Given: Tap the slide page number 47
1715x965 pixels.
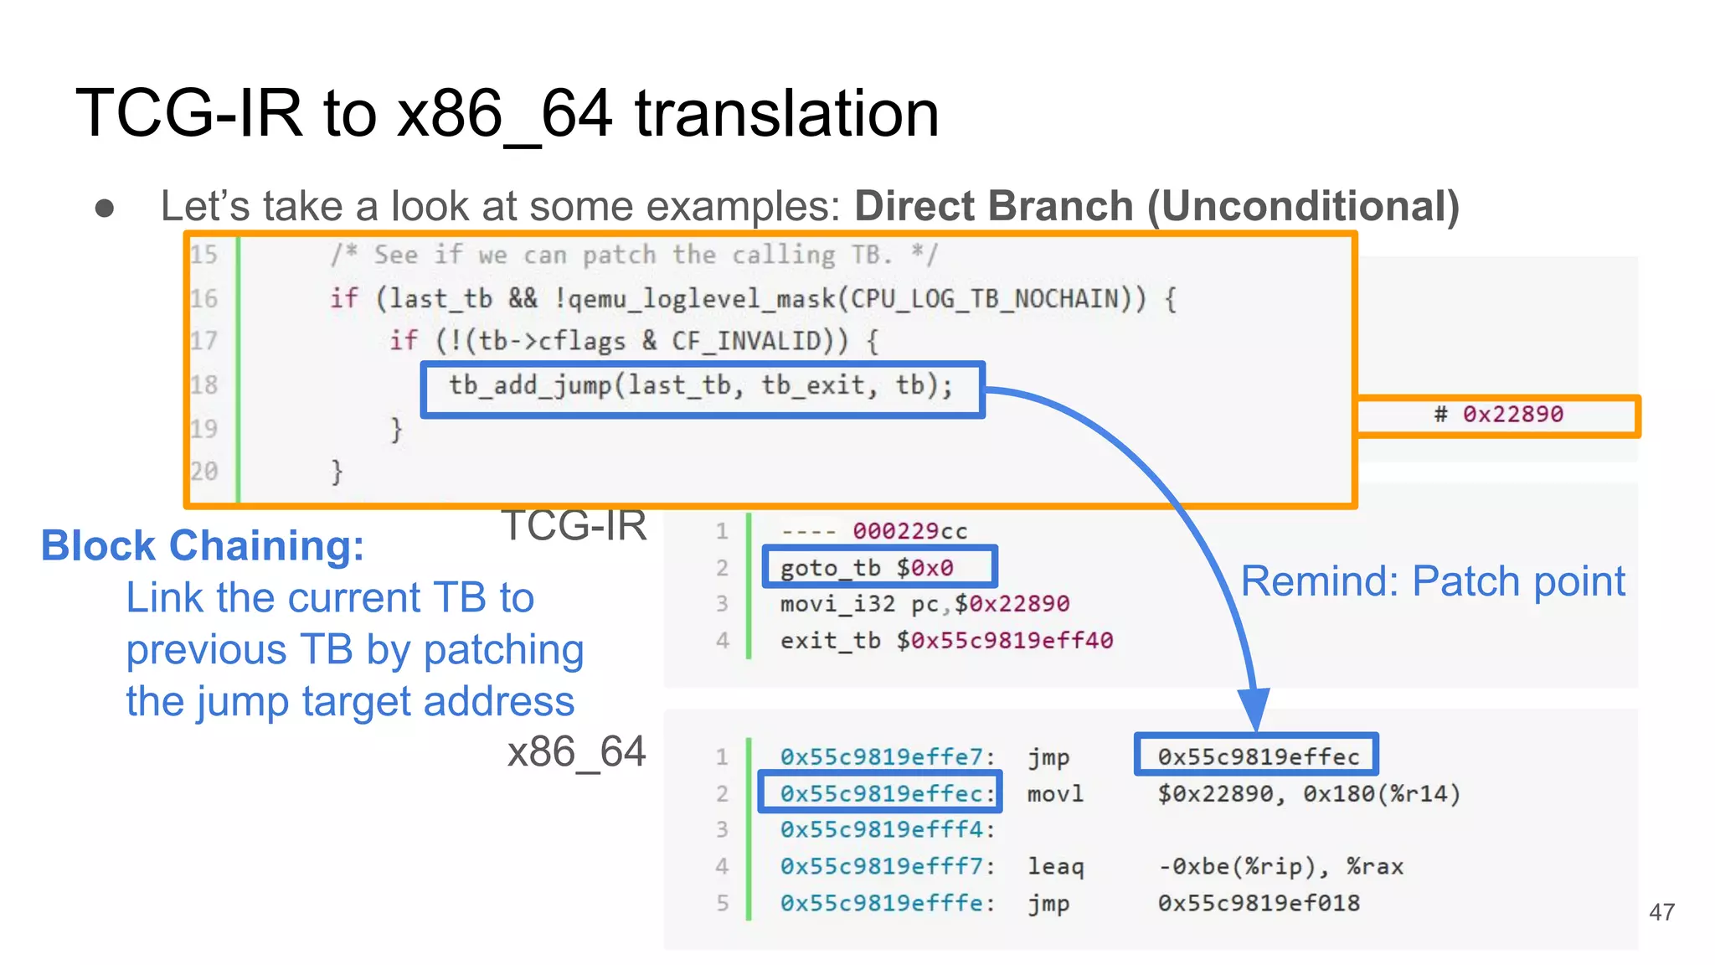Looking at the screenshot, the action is coord(1661,911).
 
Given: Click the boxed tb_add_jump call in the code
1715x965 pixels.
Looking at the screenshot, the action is coord(702,387).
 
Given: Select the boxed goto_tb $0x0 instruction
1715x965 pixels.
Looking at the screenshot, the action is coord(867,568).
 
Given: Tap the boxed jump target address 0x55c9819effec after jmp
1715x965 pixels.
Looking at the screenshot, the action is coord(1258,756).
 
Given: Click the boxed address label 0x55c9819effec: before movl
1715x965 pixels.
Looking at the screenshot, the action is coord(880,793).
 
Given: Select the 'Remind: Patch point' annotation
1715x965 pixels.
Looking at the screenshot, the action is coord(1432,581).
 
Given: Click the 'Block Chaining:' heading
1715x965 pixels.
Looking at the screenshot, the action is coord(203,545).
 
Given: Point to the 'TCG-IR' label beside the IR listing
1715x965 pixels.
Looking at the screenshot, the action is coord(574,526).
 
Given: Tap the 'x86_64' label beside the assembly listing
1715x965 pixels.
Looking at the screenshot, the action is coord(576,751).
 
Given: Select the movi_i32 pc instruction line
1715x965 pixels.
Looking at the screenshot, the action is coord(924,604).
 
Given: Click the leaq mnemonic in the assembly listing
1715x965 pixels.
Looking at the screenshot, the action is coord(1055,866).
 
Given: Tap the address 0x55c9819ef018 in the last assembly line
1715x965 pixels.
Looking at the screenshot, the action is coord(1259,903).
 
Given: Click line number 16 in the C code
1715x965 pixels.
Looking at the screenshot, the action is coord(203,298).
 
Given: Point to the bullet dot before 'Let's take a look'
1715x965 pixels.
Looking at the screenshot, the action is coord(105,208).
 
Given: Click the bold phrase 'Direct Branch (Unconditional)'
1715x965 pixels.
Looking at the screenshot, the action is coord(1156,206).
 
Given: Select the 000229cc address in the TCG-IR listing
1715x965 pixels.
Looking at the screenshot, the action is coord(909,531).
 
